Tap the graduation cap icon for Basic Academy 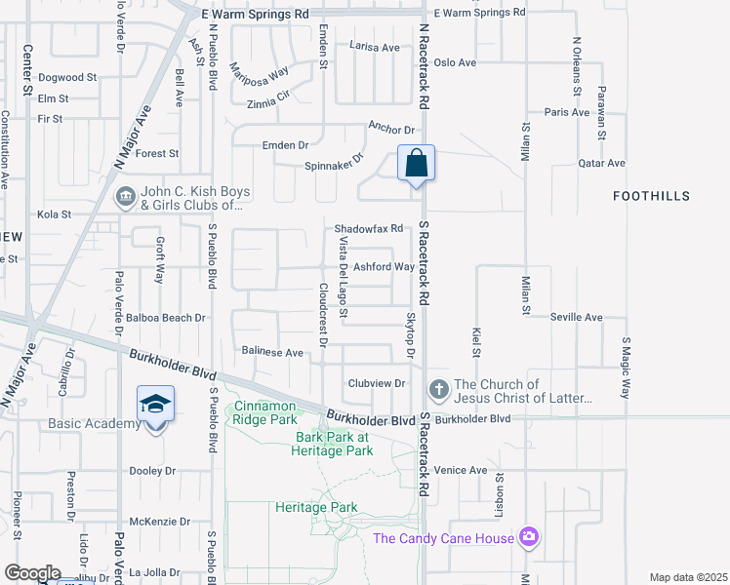tap(155, 403)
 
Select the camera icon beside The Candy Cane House tap(529, 537)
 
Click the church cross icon tap(439, 391)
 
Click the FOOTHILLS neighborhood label tap(651, 196)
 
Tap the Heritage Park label tap(316, 508)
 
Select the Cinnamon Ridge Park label tap(264, 412)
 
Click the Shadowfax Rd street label tap(369, 229)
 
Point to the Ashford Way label tap(384, 266)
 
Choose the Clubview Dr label tap(376, 383)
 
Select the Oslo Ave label tap(455, 62)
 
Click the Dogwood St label tap(67, 77)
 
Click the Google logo tap(32, 573)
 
